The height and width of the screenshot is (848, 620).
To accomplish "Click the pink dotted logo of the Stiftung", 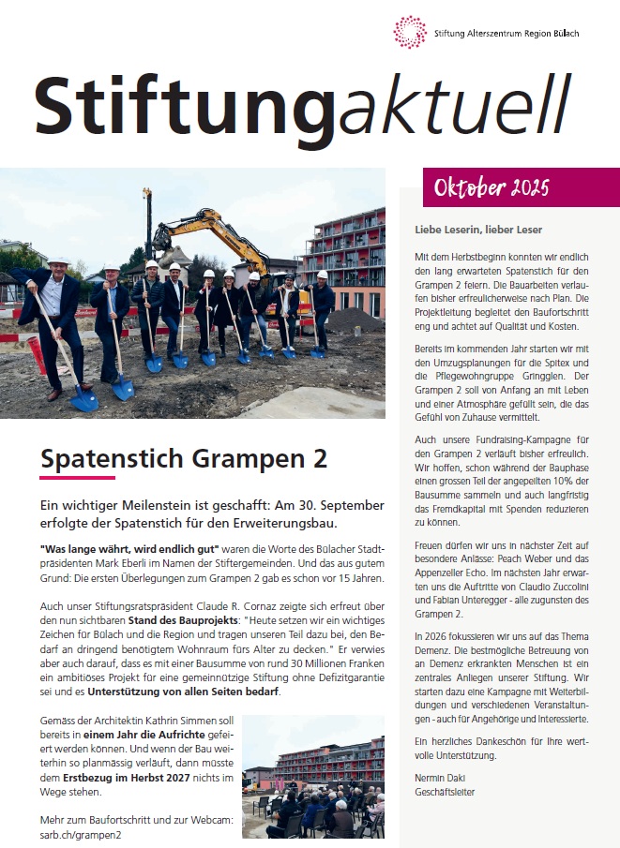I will [x=410, y=32].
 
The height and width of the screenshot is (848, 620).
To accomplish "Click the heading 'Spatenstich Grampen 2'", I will [x=184, y=459].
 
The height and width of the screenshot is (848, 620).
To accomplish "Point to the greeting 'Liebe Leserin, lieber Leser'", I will [x=478, y=230].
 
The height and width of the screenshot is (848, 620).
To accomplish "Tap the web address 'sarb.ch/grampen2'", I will [x=80, y=834].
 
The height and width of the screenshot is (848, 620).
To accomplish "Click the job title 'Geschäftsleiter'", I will [x=445, y=792].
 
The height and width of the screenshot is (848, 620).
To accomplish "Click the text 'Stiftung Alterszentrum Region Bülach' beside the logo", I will [x=507, y=34].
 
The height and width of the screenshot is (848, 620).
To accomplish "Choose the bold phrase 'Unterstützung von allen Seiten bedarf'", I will [x=183, y=692].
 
